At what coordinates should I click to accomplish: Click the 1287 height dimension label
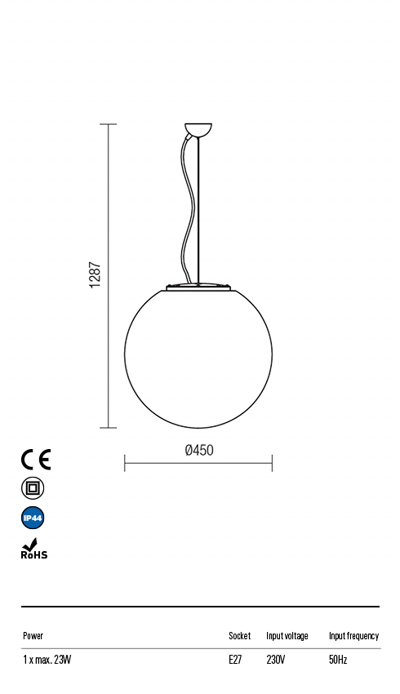95,276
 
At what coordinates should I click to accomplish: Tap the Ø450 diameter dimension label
199,450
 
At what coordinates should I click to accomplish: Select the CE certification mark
35,459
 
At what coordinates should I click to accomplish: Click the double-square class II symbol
33,488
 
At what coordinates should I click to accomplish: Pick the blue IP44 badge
33,518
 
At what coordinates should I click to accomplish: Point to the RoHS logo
33,549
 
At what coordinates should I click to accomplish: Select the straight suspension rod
200,212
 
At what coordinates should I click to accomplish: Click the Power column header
33,635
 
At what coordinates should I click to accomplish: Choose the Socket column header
239,635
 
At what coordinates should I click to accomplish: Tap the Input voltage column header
287,635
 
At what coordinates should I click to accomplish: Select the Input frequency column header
353,635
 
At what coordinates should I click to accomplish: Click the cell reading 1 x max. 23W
47,660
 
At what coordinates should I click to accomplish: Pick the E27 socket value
235,660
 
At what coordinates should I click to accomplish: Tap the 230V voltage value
275,660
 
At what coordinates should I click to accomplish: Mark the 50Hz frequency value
338,660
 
